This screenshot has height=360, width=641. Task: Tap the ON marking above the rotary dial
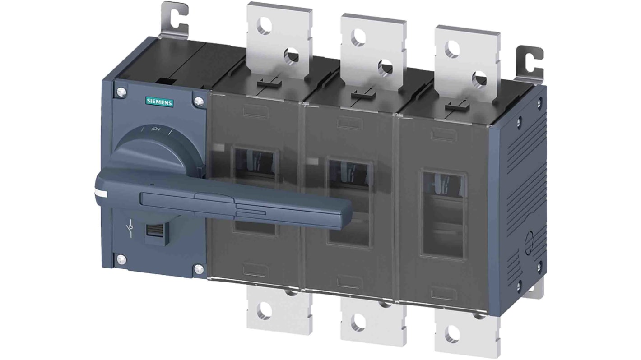(x=156, y=129)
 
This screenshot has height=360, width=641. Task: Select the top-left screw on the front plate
(x=120, y=92)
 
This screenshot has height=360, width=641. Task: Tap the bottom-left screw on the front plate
(x=121, y=259)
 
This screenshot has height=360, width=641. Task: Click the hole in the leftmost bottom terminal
(x=263, y=310)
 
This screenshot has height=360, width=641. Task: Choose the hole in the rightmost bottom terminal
(x=451, y=334)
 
